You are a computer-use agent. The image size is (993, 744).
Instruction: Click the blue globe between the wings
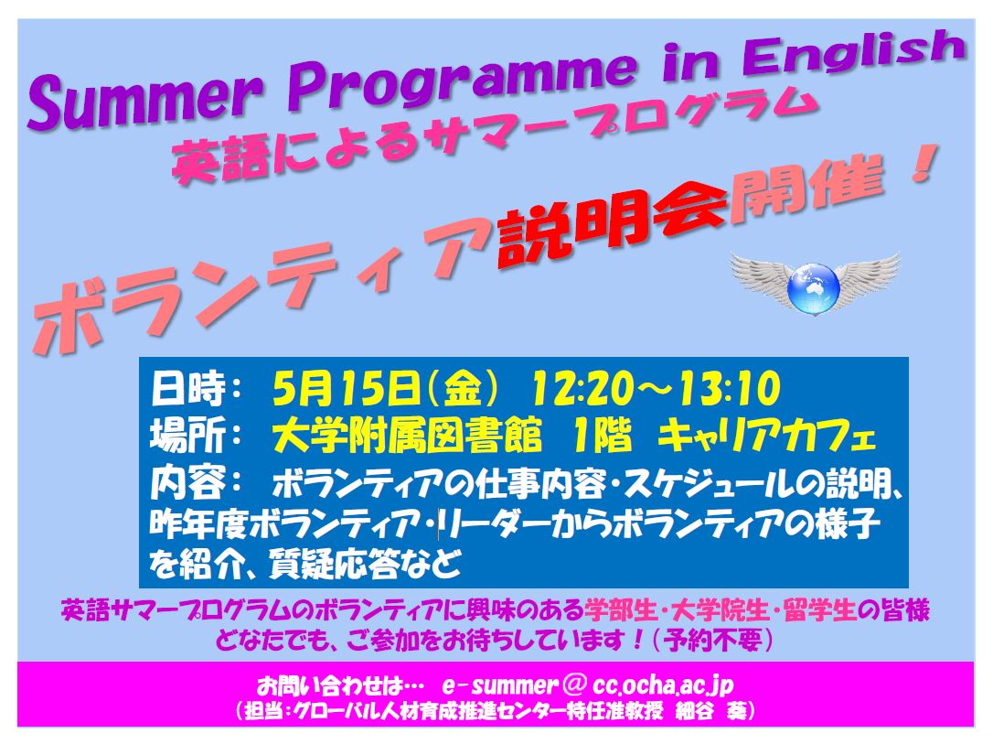point(815,289)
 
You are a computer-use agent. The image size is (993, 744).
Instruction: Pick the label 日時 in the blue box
point(187,389)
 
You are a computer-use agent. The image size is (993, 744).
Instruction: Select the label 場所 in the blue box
point(187,437)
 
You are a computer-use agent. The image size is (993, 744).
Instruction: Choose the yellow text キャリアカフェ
point(766,437)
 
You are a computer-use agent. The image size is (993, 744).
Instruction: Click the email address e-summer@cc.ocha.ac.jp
point(588,685)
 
